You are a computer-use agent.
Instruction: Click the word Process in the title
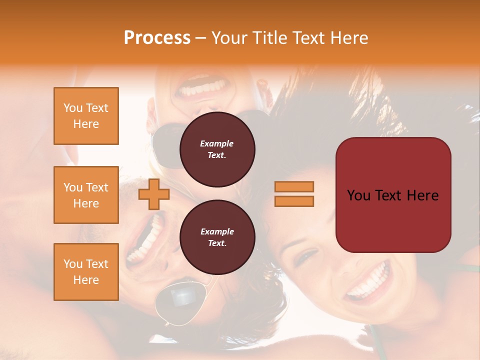pos(157,38)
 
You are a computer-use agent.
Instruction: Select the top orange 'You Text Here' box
pos(86,116)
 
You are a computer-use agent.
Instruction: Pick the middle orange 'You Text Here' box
pos(86,195)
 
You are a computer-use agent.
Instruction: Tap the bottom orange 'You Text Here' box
pos(86,271)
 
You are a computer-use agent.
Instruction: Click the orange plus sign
pos(153,194)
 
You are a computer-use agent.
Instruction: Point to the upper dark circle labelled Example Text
pos(217,149)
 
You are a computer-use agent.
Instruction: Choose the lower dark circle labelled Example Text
pos(217,237)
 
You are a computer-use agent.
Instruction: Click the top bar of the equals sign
pos(294,186)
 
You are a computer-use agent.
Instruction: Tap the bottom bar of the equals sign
pos(294,201)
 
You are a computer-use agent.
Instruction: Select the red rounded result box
pos(393,195)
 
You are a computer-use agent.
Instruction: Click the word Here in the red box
pos(422,195)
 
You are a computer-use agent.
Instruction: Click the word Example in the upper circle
pos(217,143)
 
